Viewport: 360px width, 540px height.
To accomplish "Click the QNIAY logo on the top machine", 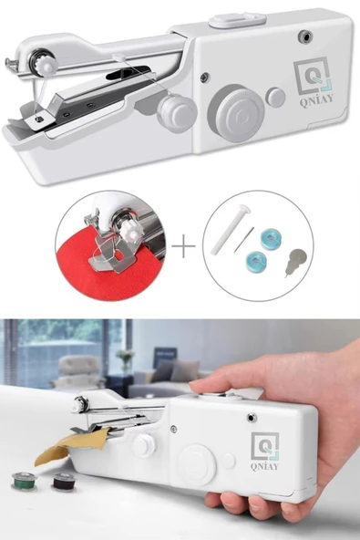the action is (314, 81).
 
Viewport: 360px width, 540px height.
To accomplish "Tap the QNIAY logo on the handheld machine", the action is (264, 451).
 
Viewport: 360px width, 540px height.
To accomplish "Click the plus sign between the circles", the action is (183, 246).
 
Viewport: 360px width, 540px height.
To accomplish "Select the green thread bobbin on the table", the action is (24, 481).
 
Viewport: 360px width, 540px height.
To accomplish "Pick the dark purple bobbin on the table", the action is (64, 481).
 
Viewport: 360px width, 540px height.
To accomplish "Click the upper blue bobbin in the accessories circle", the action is (271, 240).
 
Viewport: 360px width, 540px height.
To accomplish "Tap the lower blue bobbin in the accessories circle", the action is (256, 262).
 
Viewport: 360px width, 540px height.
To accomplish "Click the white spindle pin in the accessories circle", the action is (230, 229).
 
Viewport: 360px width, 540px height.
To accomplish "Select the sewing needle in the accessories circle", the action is (243, 240).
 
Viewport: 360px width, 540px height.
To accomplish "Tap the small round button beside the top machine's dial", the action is (275, 97).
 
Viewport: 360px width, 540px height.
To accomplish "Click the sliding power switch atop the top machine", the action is (238, 19).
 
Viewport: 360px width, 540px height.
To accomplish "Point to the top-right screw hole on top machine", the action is (305, 36).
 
